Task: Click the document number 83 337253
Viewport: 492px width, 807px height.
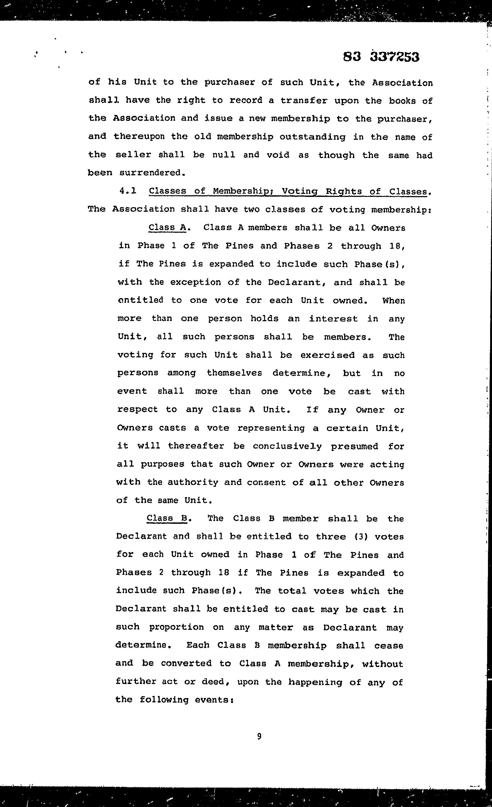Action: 381,57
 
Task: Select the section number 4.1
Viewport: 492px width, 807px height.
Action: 128,191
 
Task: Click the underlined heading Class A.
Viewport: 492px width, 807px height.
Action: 167,227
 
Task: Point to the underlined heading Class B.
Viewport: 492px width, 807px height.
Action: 167,518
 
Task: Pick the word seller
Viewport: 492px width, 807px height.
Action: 133,155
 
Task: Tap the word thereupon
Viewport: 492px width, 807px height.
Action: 139,136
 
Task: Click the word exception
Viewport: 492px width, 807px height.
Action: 196,282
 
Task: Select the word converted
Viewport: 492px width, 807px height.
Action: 186,663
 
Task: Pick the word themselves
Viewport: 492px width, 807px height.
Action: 234,373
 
